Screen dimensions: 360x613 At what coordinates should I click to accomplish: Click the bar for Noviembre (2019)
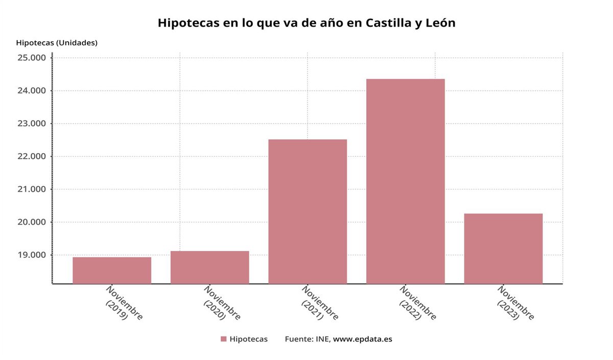pyautogui.click(x=112, y=270)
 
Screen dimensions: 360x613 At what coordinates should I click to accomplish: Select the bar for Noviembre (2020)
pyautogui.click(x=209, y=267)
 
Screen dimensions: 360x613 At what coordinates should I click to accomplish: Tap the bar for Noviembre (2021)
pyautogui.click(x=308, y=211)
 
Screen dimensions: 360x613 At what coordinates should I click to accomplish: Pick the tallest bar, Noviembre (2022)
pyautogui.click(x=405, y=181)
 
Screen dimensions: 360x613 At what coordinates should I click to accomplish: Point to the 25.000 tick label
pyautogui.click(x=32, y=58)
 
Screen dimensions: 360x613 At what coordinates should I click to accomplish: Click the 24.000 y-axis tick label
pyautogui.click(x=32, y=91)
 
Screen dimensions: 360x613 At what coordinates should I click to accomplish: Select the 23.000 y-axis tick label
pyautogui.click(x=32, y=124)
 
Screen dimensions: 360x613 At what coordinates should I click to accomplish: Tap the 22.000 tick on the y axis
pyautogui.click(x=32, y=156)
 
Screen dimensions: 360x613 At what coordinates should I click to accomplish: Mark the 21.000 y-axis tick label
pyautogui.click(x=32, y=189)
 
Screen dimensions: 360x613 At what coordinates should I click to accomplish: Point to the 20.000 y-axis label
pyautogui.click(x=32, y=222)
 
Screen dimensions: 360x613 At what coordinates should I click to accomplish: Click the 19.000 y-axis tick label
pyautogui.click(x=32, y=255)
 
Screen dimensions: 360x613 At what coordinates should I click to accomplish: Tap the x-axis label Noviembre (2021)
pyautogui.click(x=319, y=303)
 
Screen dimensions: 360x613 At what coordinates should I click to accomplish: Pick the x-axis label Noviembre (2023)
pyautogui.click(x=515, y=303)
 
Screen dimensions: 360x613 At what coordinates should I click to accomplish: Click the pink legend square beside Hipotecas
pyautogui.click(x=223, y=339)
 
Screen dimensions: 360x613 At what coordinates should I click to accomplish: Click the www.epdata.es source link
pyautogui.click(x=363, y=339)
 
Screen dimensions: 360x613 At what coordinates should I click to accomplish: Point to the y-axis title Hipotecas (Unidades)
pyautogui.click(x=57, y=43)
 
